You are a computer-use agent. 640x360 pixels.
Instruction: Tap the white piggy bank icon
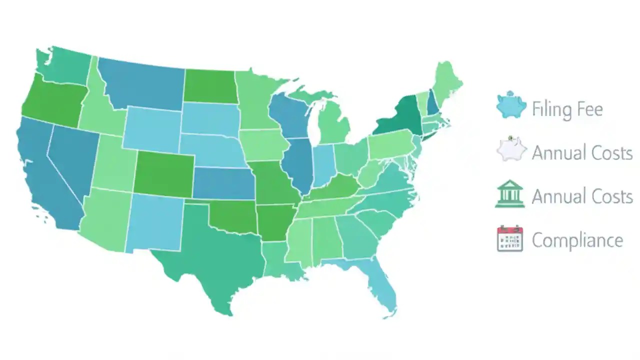coord(511,149)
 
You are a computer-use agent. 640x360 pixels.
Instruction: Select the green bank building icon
coord(510,194)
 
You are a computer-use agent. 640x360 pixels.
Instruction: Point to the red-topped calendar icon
coord(510,238)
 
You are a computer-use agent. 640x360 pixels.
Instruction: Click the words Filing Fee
coord(567,109)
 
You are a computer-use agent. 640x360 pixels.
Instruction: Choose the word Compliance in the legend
coord(577,240)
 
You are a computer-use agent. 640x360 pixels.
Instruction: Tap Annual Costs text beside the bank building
coord(582,196)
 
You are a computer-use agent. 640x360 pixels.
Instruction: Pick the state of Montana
coord(142,82)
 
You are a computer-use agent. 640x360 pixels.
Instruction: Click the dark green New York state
coord(400,117)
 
